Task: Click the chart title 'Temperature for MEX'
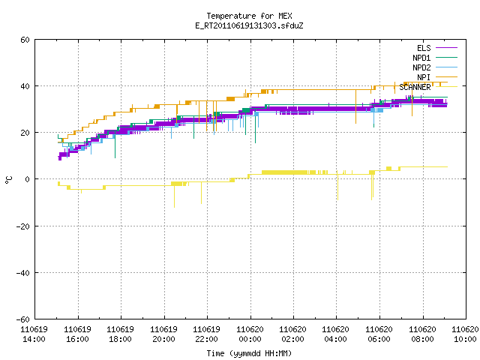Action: (249, 16)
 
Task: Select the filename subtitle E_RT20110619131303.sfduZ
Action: (249, 25)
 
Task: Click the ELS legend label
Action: (424, 48)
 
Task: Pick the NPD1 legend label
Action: (421, 58)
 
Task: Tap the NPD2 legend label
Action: (421, 67)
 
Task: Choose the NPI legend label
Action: (424, 77)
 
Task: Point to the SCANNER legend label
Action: (415, 87)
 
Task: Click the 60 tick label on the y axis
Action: (25, 40)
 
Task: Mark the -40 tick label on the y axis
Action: (22, 273)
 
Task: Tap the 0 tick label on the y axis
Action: (28, 179)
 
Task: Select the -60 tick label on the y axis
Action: (22, 319)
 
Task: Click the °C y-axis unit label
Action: (9, 180)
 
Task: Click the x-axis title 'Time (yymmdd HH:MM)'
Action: (249, 353)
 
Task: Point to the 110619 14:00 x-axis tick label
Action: (34, 334)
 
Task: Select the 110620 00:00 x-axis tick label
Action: (250, 334)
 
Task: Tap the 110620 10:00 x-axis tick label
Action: (465, 334)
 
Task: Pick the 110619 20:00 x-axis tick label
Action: (163, 334)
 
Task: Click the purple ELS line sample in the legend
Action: (446, 48)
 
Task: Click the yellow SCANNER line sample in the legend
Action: (446, 87)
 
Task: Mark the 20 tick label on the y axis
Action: (25, 133)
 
